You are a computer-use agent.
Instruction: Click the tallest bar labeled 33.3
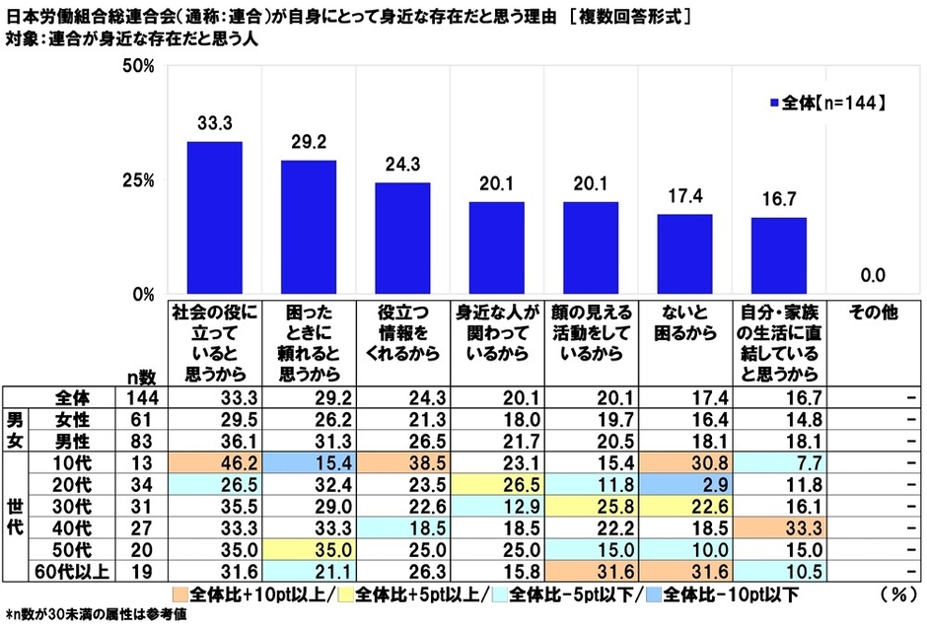pyautogui.click(x=214, y=218)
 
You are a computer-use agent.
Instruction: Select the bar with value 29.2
pyautogui.click(x=308, y=227)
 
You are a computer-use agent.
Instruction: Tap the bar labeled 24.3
pyautogui.click(x=401, y=239)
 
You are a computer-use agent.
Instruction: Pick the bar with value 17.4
pyautogui.click(x=683, y=254)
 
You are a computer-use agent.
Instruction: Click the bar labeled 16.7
pyautogui.click(x=778, y=255)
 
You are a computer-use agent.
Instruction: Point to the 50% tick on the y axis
pyautogui.click(x=137, y=67)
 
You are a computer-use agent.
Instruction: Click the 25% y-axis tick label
pyautogui.click(x=137, y=180)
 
